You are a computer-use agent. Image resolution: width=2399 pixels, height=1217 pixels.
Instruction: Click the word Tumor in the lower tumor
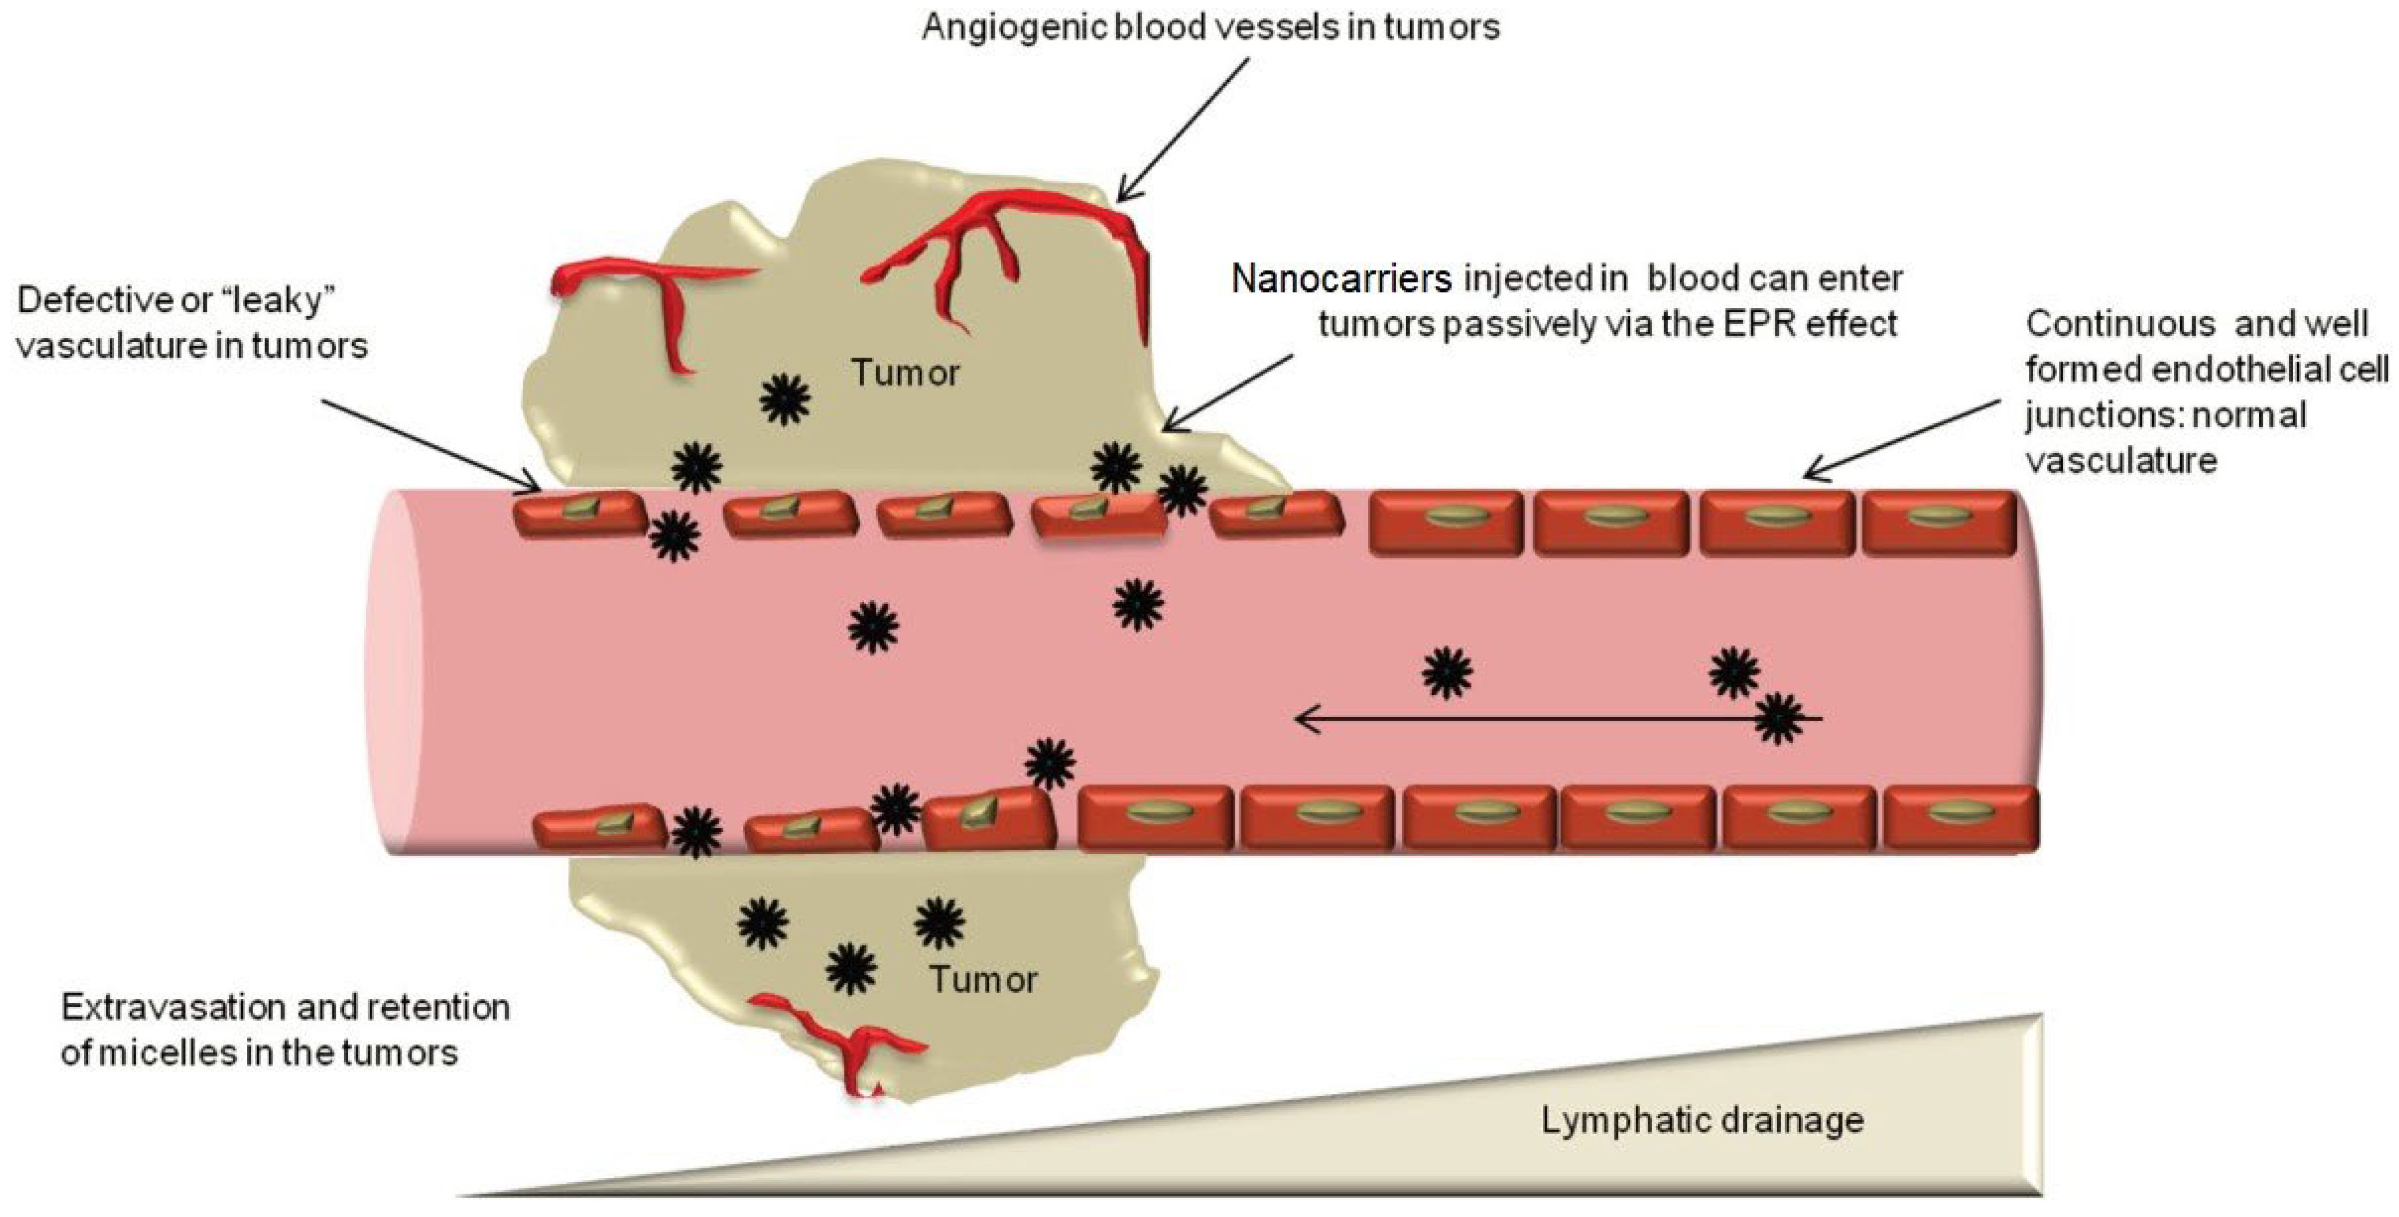[x=983, y=979]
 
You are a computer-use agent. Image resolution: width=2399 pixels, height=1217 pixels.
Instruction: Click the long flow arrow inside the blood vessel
[x=1537, y=719]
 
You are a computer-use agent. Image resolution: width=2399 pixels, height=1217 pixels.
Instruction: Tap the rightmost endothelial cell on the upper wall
[x=1937, y=522]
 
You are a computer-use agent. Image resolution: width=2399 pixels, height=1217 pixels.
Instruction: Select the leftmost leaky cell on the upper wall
[x=579, y=514]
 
